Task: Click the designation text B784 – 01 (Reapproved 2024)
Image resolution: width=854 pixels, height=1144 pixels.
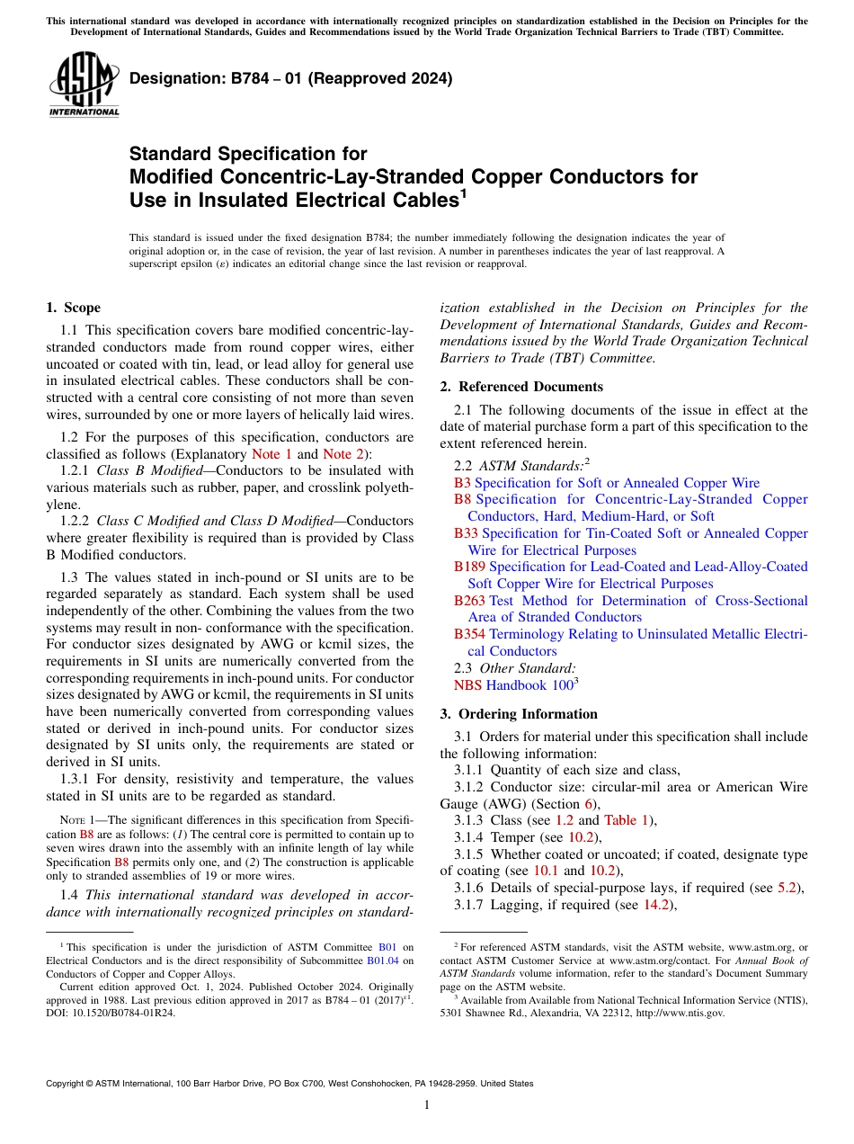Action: tap(290, 78)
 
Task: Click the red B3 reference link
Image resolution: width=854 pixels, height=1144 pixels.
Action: tap(462, 483)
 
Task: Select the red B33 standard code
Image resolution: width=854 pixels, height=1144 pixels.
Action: tap(466, 533)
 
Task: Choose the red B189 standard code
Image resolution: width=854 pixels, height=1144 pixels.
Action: tap(469, 567)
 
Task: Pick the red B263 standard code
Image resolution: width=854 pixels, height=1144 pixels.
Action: tap(469, 601)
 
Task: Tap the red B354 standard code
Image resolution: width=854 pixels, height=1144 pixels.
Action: tap(469, 634)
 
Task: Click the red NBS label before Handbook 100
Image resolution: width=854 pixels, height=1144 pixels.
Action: tap(467, 685)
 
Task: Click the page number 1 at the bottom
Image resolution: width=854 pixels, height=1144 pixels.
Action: tap(427, 1104)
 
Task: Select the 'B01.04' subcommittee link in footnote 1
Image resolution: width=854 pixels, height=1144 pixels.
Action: tap(384, 960)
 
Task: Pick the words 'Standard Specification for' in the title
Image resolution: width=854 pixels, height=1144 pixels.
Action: tap(248, 154)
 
